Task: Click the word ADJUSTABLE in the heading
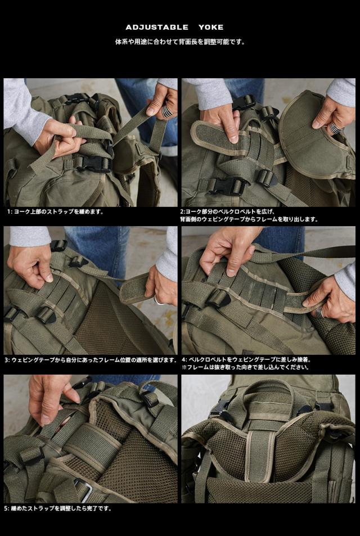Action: click(157, 28)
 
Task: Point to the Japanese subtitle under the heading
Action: click(180, 42)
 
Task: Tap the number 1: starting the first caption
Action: click(10, 211)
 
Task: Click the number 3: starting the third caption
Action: click(7, 360)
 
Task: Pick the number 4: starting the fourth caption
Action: click(184, 359)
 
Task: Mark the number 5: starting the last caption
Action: click(7, 508)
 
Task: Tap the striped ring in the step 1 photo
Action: click(168, 111)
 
